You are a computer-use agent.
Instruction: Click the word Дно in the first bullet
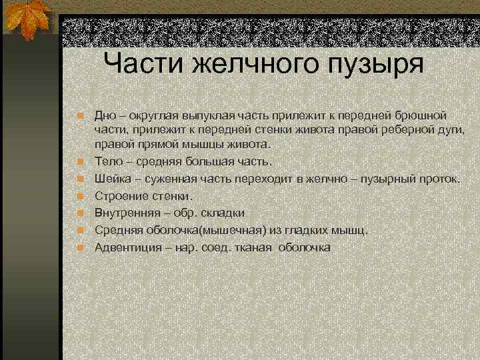pos(106,115)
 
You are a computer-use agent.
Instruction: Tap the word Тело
pos(109,161)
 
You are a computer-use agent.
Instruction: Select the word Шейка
pos(112,179)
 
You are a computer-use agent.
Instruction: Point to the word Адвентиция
pos(128,247)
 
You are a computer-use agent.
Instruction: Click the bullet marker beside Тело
pos(81,161)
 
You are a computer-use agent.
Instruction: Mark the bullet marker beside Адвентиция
pos(81,247)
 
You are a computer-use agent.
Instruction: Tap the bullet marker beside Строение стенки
pos(81,196)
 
